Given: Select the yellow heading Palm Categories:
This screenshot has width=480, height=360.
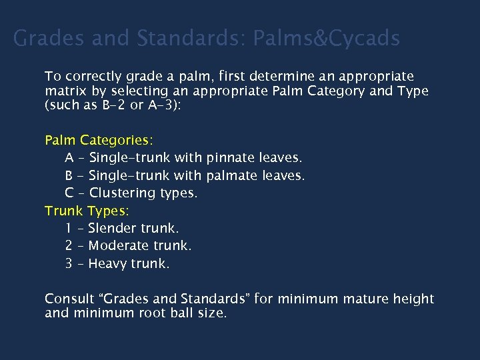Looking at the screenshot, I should [99, 140].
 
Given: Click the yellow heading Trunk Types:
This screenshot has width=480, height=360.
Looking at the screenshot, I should [87, 211].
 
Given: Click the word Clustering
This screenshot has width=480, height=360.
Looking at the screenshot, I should [123, 193].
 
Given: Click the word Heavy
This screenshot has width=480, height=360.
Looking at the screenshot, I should [107, 263].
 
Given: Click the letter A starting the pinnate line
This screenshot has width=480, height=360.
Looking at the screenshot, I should [69, 158].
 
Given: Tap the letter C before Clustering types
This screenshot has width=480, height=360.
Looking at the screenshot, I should [69, 193].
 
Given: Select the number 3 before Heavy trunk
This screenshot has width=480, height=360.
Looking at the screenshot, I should [69, 263].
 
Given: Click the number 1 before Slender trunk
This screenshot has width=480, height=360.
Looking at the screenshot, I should [69, 228].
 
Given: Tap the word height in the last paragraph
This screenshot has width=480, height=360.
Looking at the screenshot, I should [413, 299].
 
